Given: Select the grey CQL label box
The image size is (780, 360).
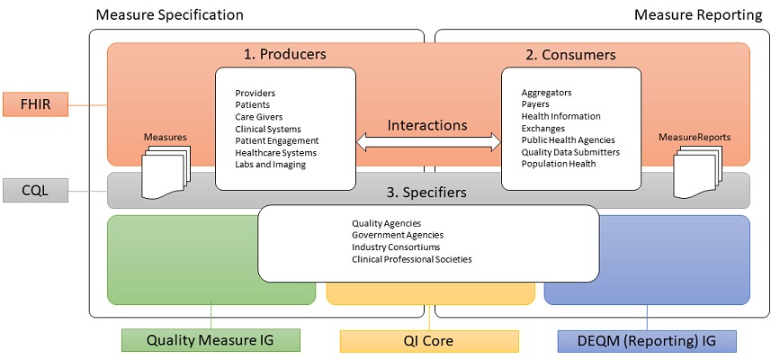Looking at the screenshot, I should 35,191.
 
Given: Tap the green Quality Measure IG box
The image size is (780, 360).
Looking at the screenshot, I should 210,341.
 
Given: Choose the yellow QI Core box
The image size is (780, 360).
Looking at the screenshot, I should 428,341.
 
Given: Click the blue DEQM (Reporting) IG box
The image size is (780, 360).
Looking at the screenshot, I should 646,341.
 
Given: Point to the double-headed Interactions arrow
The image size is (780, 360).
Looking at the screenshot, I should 428,141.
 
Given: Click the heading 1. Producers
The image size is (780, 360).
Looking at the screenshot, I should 285,55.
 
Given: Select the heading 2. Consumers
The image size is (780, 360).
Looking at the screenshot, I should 570,55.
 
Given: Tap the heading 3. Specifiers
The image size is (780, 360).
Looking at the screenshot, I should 428,192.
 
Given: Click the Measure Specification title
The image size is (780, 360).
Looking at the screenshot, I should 169,15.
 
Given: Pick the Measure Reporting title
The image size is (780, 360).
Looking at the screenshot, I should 699,15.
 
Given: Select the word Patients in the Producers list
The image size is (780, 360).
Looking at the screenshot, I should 253,105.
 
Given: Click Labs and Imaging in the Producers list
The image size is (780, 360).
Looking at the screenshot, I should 270,165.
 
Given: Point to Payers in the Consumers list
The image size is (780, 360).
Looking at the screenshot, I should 535,104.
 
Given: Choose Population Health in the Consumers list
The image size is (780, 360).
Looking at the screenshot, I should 559,164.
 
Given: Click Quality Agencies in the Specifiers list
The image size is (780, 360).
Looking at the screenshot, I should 387,223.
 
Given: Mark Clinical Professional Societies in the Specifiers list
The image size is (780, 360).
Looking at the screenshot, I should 411,259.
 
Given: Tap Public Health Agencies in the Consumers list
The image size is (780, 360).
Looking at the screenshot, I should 568,140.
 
